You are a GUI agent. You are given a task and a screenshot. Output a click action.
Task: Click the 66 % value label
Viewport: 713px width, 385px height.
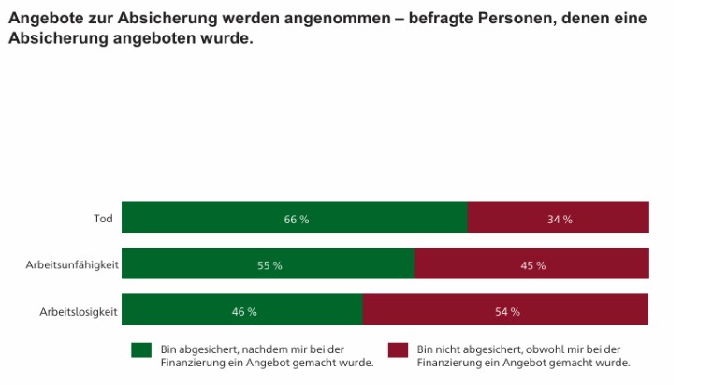(297, 219)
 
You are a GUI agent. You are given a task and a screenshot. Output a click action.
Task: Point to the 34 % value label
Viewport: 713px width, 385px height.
(560, 219)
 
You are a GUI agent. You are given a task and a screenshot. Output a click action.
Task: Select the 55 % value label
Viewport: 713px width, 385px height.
(269, 265)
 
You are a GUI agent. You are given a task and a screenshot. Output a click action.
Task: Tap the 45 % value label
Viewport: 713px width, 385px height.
(533, 265)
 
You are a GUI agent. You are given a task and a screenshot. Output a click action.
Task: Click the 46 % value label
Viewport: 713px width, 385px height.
(244, 311)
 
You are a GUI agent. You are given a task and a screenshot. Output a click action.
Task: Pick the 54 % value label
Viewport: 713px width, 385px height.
(507, 311)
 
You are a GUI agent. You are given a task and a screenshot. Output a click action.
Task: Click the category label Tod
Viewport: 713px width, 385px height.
(103, 219)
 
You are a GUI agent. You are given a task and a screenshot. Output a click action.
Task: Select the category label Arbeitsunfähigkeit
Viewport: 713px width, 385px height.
(72, 265)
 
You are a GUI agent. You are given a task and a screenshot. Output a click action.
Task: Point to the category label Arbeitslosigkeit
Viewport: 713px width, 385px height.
(78, 311)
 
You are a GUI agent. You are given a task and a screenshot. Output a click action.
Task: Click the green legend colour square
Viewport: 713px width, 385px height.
(141, 349)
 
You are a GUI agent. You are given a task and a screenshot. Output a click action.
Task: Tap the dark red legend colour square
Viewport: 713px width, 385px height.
(398, 349)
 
